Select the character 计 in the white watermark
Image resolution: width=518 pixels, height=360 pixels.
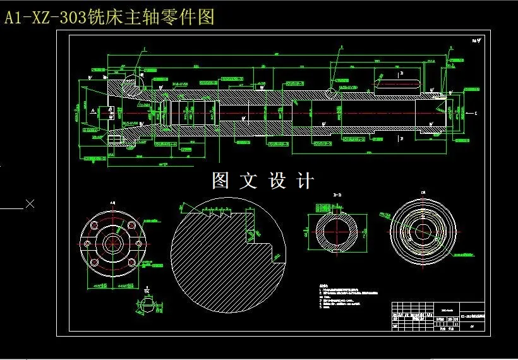[304, 181]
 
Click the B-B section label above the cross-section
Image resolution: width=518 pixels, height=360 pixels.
[337, 196]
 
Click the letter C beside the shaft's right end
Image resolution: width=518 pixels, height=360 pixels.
[476, 114]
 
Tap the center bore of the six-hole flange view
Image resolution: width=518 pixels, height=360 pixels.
[114, 242]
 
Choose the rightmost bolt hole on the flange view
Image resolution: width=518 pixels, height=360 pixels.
[138, 242]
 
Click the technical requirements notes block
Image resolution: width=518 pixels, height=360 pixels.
[347, 297]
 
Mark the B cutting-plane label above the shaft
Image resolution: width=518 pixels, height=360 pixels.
[402, 73]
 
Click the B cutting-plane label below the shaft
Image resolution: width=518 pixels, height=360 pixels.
[402, 136]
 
